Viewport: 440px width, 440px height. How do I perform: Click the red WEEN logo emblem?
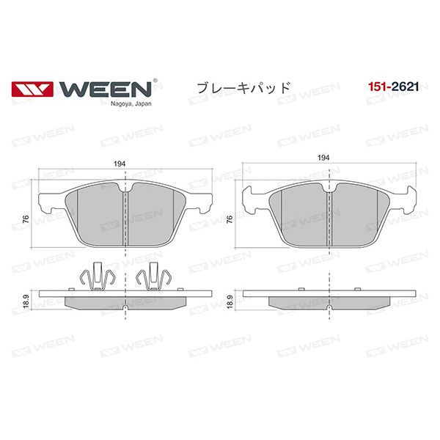click(x=32, y=89)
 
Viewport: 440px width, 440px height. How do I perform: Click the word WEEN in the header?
click(x=105, y=89)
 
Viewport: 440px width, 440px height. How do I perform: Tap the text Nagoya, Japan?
click(x=131, y=104)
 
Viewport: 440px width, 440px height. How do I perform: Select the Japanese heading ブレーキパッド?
click(x=243, y=88)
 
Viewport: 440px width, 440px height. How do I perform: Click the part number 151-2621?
click(x=393, y=87)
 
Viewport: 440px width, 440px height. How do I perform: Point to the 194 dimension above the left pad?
click(x=120, y=164)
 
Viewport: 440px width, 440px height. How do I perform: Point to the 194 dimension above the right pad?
click(x=323, y=158)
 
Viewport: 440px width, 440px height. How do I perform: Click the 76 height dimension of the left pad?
click(x=26, y=219)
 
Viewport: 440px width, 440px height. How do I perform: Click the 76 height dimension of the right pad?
click(x=230, y=219)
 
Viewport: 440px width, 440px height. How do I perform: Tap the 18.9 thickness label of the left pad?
click(x=26, y=301)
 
